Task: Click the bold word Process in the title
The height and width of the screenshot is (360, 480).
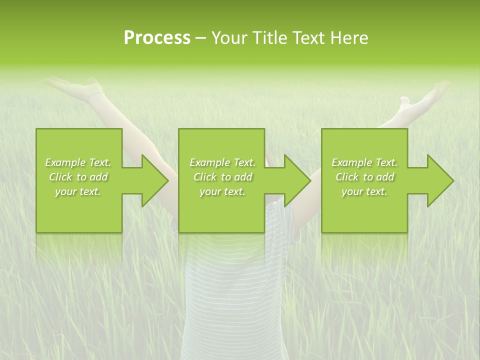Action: pyautogui.click(x=157, y=38)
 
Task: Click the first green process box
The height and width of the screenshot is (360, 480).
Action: pyautogui.click(x=79, y=210)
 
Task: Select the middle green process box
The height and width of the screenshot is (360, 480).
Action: pyautogui.click(x=221, y=210)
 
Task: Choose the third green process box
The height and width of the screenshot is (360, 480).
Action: pyautogui.click(x=364, y=210)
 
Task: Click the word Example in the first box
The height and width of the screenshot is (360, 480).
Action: pyautogui.click(x=65, y=162)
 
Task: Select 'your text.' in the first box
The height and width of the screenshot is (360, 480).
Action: pyautogui.click(x=78, y=191)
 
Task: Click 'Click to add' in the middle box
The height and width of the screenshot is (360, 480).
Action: pyautogui.click(x=222, y=177)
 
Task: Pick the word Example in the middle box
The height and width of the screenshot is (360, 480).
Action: pyautogui.click(x=209, y=162)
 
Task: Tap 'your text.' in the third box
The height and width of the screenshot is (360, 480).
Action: pyautogui.click(x=364, y=191)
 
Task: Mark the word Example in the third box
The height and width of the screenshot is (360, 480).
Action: pyautogui.click(x=351, y=162)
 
